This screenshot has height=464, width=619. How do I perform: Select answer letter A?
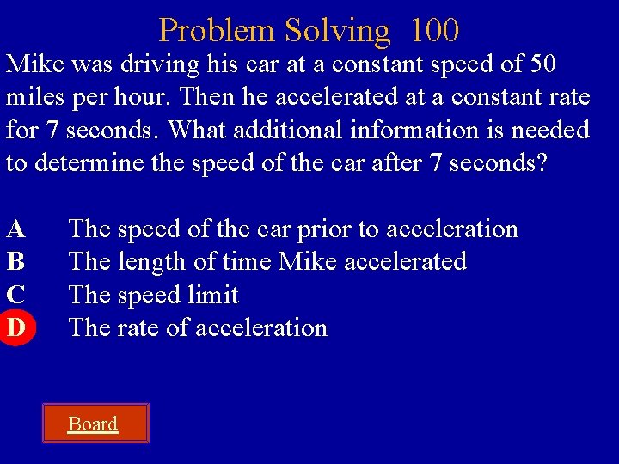tap(15, 229)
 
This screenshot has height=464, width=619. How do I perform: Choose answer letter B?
tap(15, 261)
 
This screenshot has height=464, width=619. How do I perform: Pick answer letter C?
tap(15, 295)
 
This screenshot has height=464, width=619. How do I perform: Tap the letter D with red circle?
tap(15, 327)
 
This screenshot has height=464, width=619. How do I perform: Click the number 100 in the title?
tap(434, 31)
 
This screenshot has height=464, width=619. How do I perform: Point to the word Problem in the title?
tap(216, 31)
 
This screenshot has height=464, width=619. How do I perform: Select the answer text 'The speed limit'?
tap(154, 295)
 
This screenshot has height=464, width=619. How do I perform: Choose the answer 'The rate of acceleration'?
tap(198, 327)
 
